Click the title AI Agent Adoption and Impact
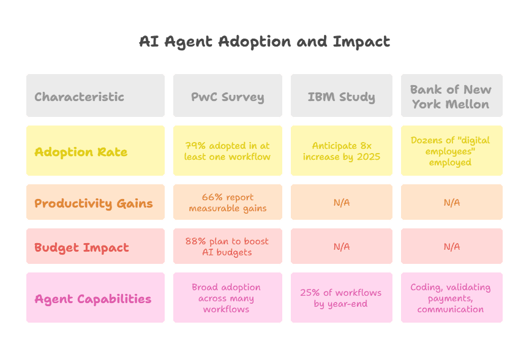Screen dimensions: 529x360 264,42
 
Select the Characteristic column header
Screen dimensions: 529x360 96,96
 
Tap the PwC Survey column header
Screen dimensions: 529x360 228,96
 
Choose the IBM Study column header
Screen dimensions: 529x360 342,96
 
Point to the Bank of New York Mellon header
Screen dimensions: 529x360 452,96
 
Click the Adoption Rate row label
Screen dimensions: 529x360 96,151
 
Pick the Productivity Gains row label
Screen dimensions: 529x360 96,202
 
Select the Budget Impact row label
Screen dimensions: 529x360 96,246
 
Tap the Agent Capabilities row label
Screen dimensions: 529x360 96,298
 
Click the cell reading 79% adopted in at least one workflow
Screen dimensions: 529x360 228,151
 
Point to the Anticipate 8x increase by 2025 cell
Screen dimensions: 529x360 342,151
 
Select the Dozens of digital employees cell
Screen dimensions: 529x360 452,151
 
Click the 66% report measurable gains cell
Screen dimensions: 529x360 228,202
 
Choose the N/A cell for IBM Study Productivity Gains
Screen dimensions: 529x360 342,202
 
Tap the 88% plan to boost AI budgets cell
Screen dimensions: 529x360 228,246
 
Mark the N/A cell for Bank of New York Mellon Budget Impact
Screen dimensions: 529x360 452,246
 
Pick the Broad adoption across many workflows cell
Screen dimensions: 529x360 228,298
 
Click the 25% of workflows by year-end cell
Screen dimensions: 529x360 342,298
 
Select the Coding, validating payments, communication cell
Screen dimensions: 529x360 452,298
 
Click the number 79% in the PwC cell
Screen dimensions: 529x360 195,146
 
